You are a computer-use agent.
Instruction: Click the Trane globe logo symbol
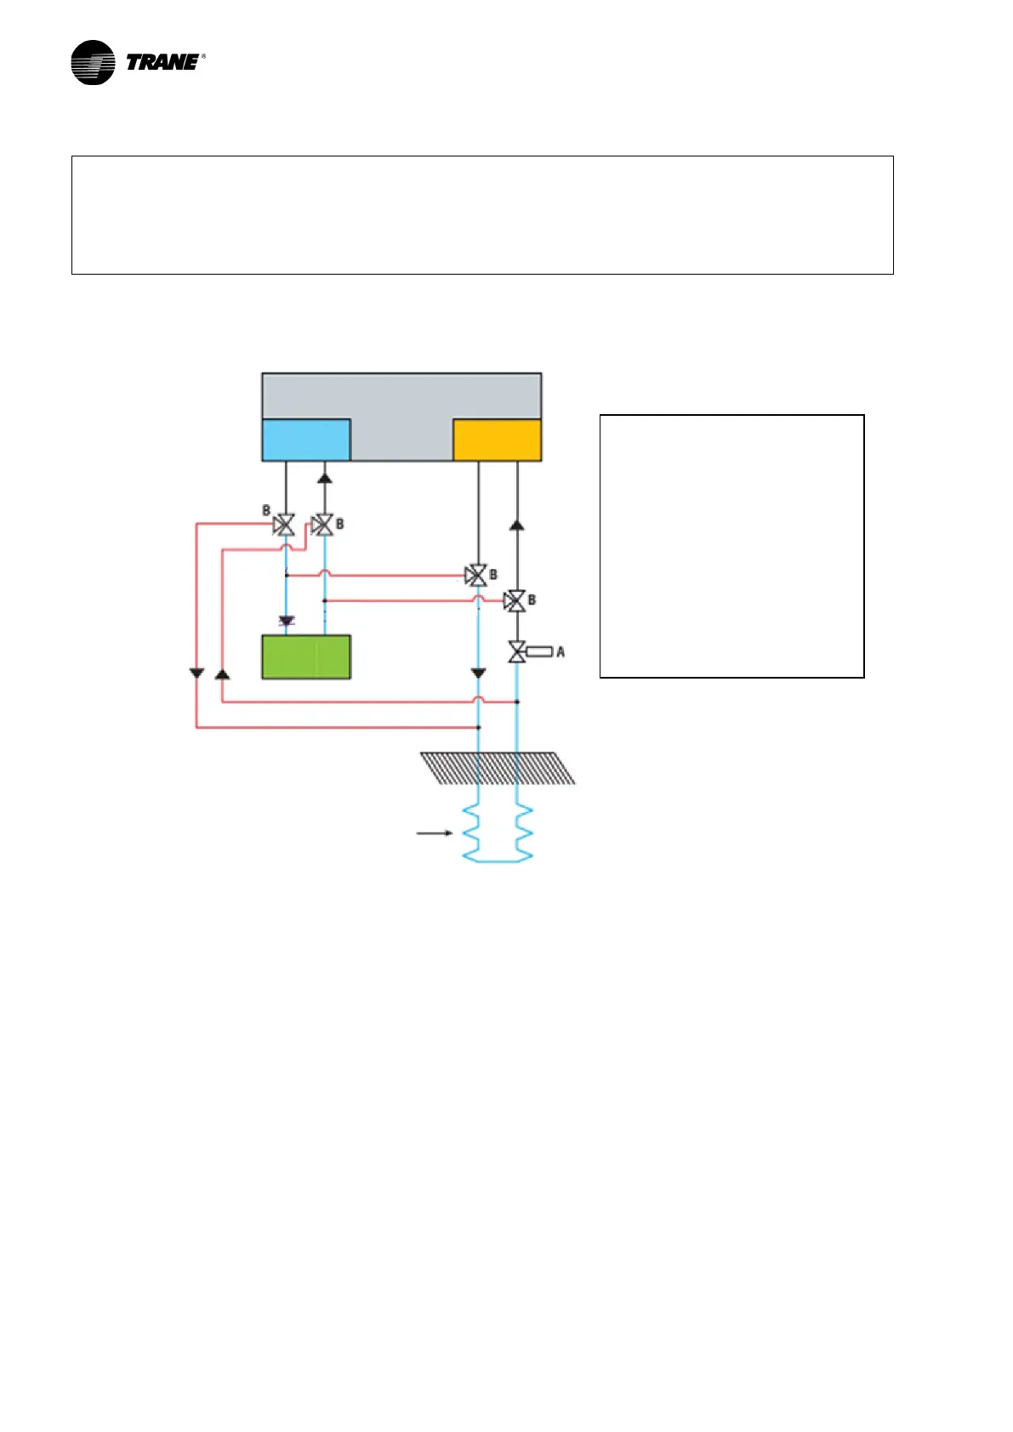coord(93,62)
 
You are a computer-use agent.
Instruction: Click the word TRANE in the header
coord(162,62)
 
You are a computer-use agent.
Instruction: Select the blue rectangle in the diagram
coord(306,440)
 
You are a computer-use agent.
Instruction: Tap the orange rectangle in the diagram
coord(497,440)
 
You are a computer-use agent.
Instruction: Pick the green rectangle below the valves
coord(306,656)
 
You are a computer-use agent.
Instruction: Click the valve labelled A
coord(516,652)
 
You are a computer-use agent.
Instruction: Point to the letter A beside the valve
coord(561,652)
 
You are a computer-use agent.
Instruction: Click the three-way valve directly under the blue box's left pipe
coord(285,526)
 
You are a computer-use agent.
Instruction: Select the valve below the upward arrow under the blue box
coord(323,526)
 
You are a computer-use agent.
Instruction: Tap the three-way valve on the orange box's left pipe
coord(477,576)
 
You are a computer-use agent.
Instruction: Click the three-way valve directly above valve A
coord(515,601)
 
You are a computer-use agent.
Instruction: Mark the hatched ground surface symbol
coord(498,768)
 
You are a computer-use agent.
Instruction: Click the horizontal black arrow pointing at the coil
coord(434,833)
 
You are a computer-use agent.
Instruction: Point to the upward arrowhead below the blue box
coord(324,478)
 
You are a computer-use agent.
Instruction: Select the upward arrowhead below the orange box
coord(516,525)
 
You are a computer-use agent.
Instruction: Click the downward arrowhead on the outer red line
coord(196,673)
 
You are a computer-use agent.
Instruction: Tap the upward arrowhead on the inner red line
coord(222,673)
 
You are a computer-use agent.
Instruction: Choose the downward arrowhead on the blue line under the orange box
coord(478,673)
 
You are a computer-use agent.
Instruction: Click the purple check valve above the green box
coord(287,622)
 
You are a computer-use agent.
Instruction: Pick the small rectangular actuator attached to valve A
coord(539,652)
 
